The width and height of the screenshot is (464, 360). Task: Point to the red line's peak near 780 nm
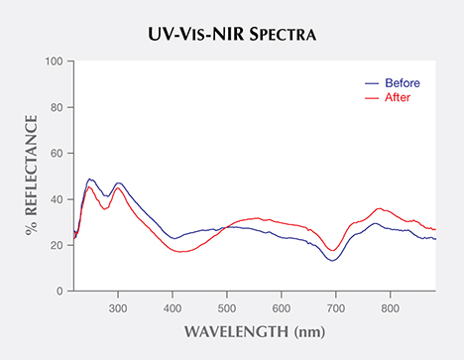point(379,208)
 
